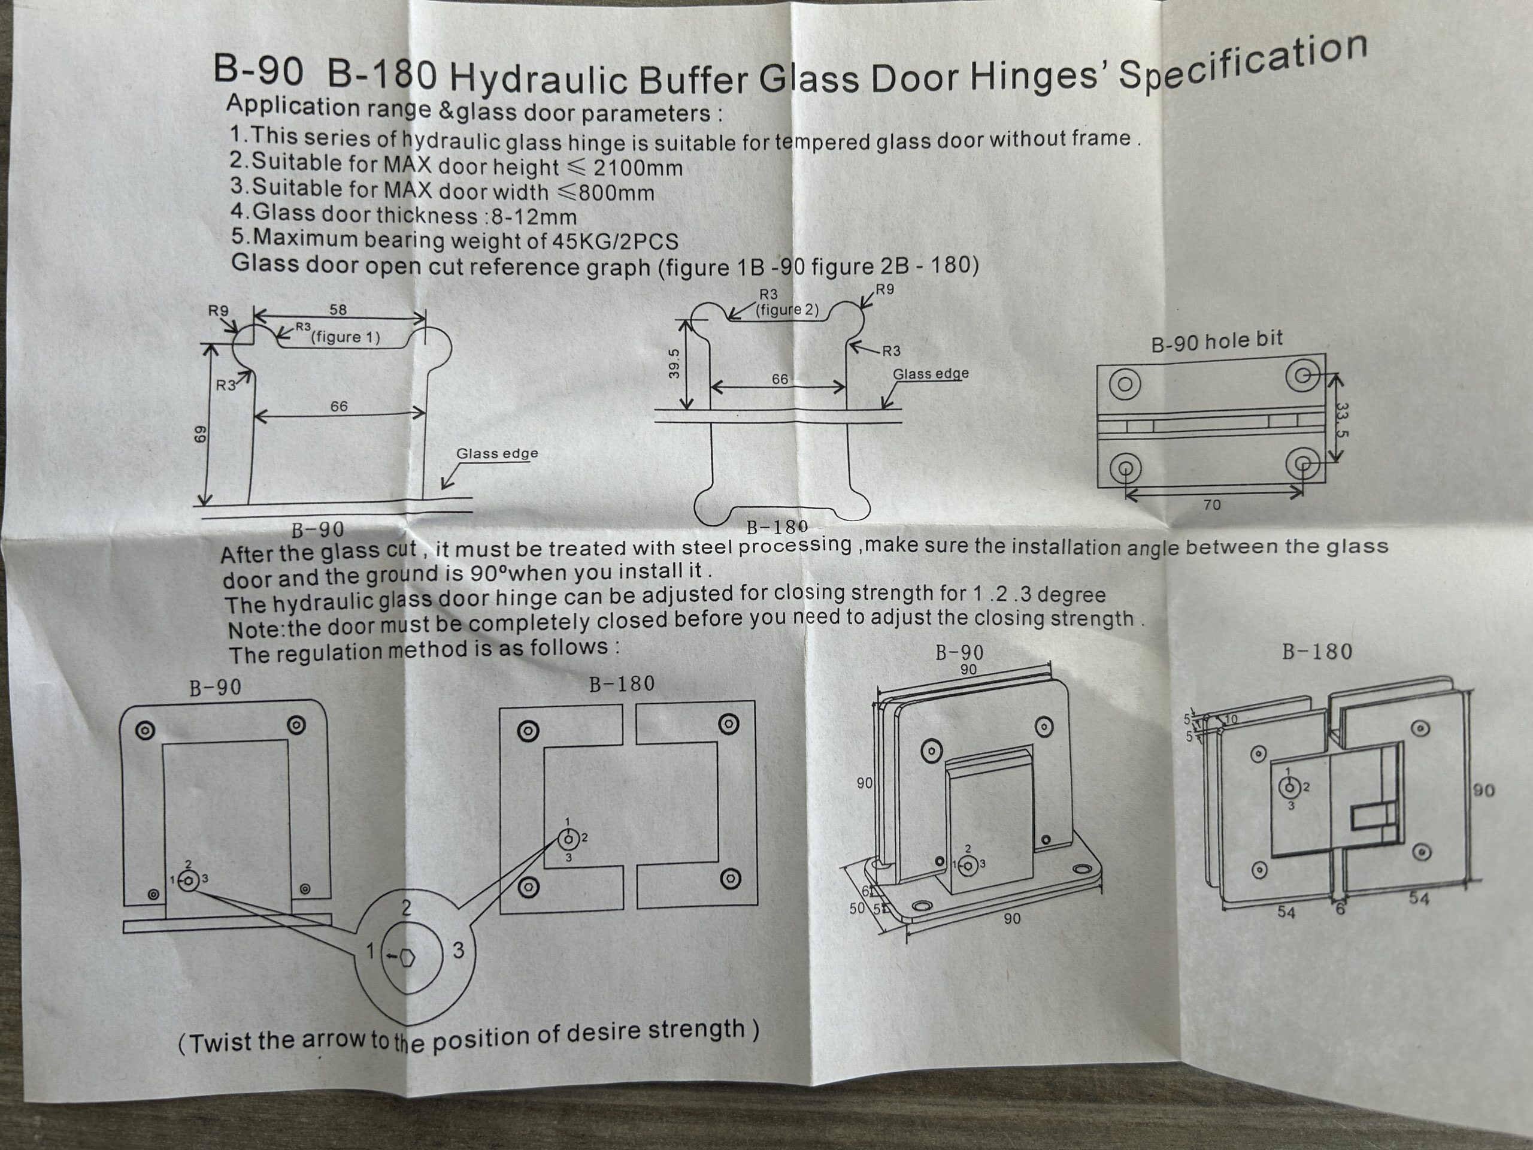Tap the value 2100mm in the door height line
click(638, 168)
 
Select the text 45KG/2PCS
click(615, 241)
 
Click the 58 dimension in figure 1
click(338, 309)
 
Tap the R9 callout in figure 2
click(885, 289)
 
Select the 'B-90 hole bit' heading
click(1217, 341)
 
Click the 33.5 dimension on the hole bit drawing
click(1343, 420)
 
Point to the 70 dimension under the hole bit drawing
click(1212, 505)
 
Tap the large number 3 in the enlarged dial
click(458, 950)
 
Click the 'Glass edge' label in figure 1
click(497, 453)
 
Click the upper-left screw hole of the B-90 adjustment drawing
click(145, 730)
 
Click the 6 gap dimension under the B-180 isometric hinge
click(1340, 908)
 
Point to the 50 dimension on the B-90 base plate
click(858, 907)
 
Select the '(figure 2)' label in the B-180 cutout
click(787, 309)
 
